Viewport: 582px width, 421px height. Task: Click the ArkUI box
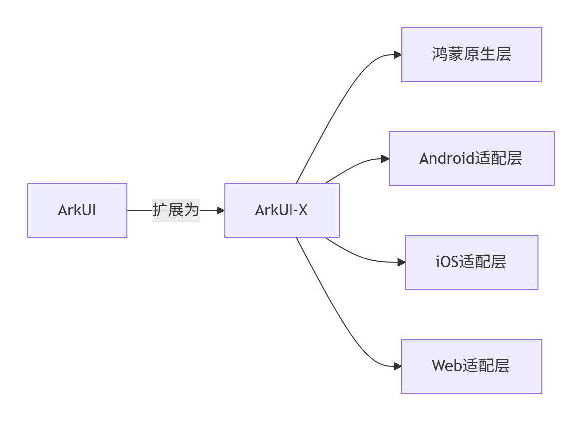(x=77, y=210)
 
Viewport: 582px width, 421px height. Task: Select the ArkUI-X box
(x=282, y=210)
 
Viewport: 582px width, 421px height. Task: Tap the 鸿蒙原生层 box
(x=471, y=55)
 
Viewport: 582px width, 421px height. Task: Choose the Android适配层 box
(x=471, y=159)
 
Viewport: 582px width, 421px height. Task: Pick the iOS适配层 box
(x=471, y=262)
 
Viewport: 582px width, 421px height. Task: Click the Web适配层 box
(x=471, y=366)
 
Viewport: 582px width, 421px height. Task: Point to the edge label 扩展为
(x=176, y=210)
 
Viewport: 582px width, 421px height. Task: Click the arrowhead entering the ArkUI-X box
(x=220, y=210)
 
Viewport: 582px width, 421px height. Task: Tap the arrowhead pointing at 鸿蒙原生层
(x=397, y=55)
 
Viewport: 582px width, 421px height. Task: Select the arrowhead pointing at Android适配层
(x=385, y=159)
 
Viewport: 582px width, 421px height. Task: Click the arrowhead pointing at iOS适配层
(x=401, y=262)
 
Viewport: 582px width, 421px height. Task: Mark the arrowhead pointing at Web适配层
(x=397, y=366)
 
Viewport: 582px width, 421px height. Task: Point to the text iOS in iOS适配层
(x=447, y=262)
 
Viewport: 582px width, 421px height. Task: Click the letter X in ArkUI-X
(x=302, y=210)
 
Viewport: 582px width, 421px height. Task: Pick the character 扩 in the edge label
(x=160, y=210)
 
